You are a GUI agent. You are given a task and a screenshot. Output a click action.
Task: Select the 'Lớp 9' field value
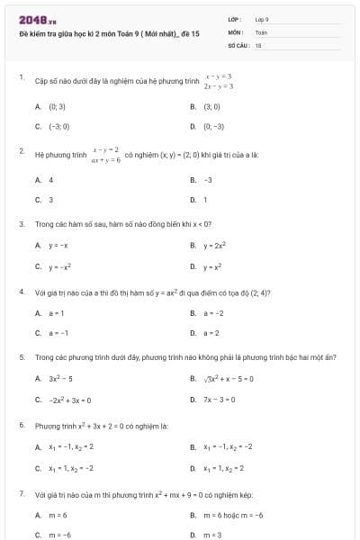(262, 19)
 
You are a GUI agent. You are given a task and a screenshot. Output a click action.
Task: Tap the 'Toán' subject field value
(261, 31)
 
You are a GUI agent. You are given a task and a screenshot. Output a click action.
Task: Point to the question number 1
(21, 77)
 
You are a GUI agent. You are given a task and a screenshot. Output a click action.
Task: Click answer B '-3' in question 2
(208, 180)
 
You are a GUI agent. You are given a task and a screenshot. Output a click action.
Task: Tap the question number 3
(21, 223)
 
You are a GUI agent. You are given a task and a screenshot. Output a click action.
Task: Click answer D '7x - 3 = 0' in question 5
(220, 400)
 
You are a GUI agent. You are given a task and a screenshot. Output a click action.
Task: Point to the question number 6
(21, 424)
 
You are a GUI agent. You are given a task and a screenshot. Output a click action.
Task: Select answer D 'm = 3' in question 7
(211, 535)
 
